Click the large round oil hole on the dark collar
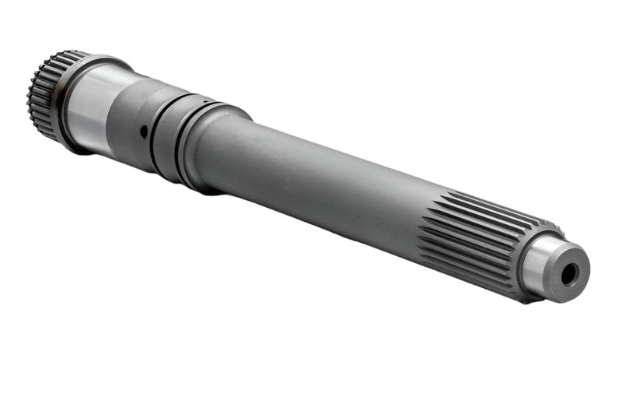[144, 133]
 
